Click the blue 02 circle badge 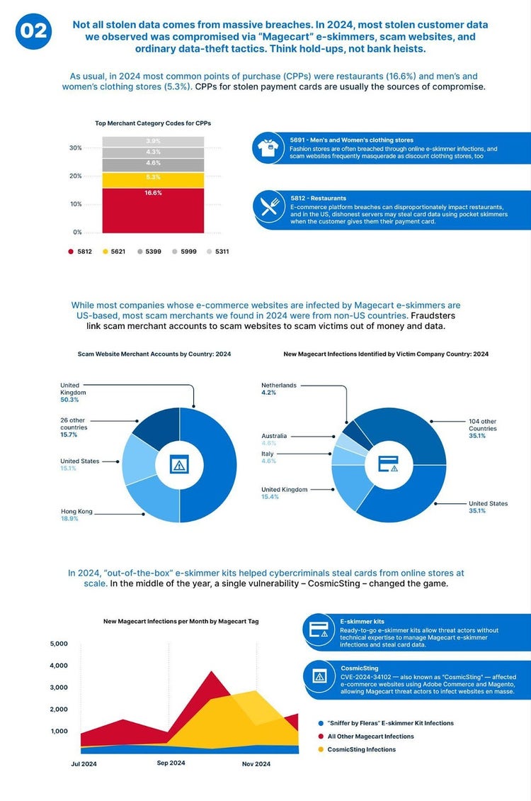click(33, 32)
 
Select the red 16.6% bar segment click(153, 210)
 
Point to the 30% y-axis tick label click(74, 148)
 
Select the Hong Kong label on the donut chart click(77, 511)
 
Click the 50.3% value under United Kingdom click(70, 400)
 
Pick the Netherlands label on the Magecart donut click(279, 385)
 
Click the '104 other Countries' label click(482, 425)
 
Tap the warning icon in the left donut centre click(179, 464)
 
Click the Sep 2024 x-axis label click(171, 763)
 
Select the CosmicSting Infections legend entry click(361, 749)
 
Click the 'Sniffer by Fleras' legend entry click(390, 723)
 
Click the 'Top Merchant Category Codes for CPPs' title click(153, 123)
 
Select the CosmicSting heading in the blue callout click(359, 668)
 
